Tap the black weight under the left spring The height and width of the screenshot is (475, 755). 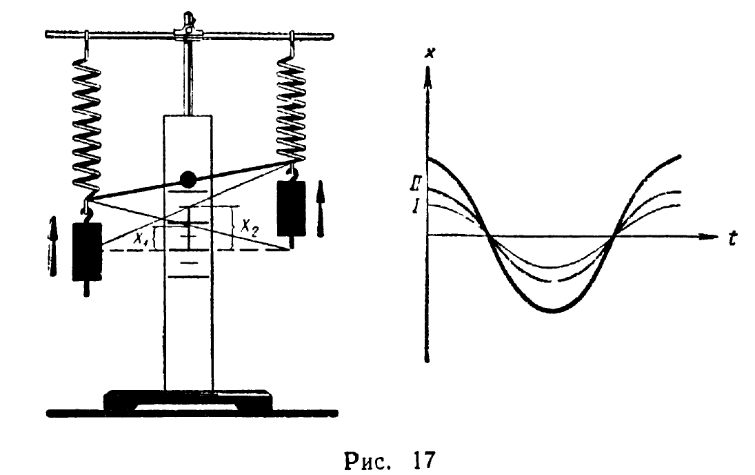coord(87,251)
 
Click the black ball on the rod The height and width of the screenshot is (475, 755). coord(188,180)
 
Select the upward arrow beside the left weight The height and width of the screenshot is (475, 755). coord(53,246)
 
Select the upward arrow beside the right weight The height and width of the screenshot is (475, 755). coord(321,212)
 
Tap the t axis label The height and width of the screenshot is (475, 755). coord(732,238)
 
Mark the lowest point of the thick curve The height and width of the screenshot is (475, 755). coord(554,311)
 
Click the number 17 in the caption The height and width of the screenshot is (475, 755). coord(423,461)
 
